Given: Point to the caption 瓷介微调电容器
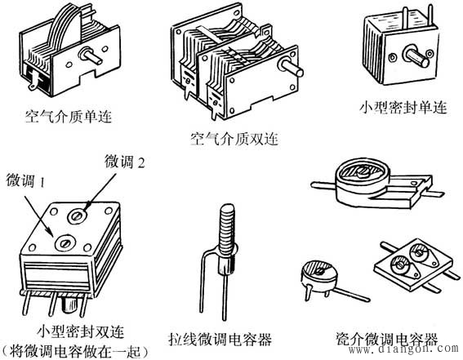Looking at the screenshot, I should [386, 338].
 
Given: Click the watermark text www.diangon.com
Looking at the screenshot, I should [409, 351].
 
